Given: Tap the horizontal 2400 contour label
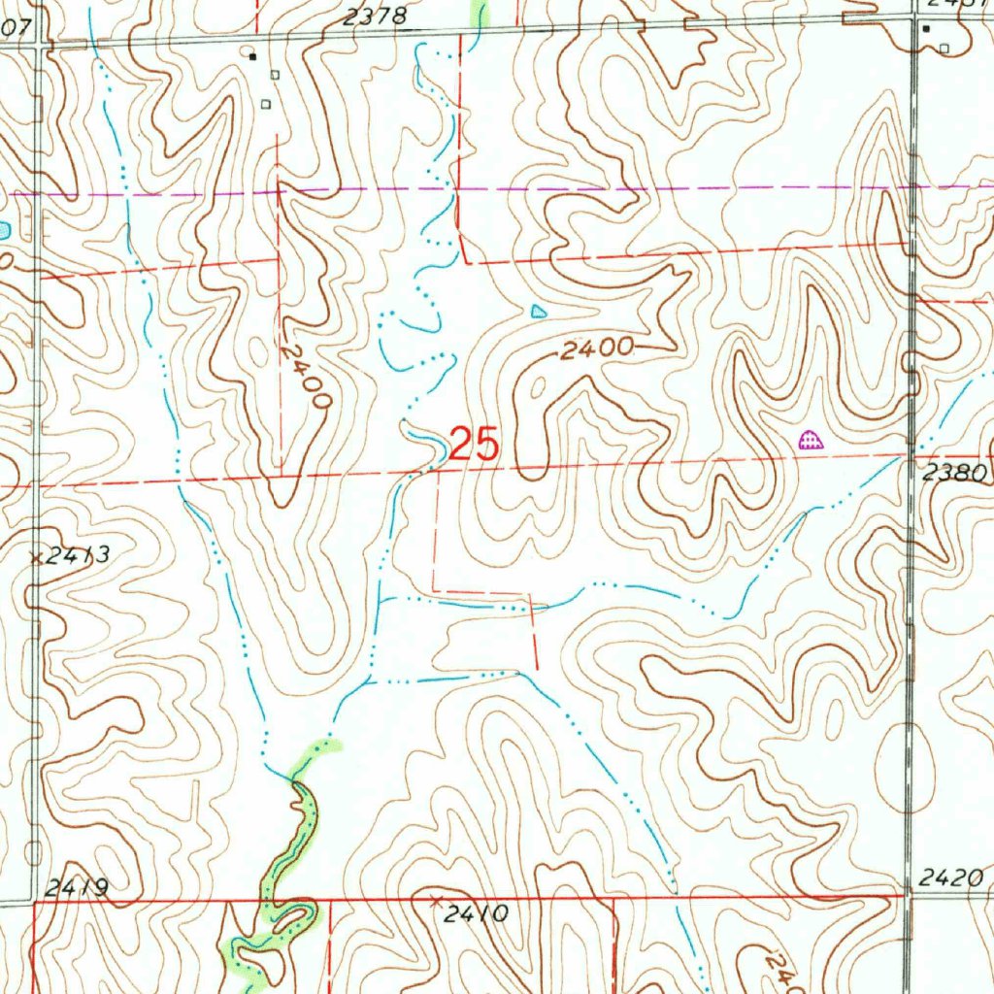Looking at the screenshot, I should point(597,348).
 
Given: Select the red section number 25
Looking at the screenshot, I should point(475,446).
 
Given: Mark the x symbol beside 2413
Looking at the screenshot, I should point(36,557).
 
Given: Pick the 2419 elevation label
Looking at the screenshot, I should point(77,888).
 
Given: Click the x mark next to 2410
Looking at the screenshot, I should point(436,901).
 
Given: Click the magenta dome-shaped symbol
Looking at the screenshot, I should point(810,441).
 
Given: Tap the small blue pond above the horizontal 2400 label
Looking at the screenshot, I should point(539,312).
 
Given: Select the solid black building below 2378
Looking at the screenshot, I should point(252,56).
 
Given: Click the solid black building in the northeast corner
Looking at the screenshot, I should point(926,29).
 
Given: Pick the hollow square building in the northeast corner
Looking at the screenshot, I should point(943,47).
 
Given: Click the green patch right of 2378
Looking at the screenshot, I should point(478,12).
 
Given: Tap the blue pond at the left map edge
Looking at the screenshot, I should point(4,230).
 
